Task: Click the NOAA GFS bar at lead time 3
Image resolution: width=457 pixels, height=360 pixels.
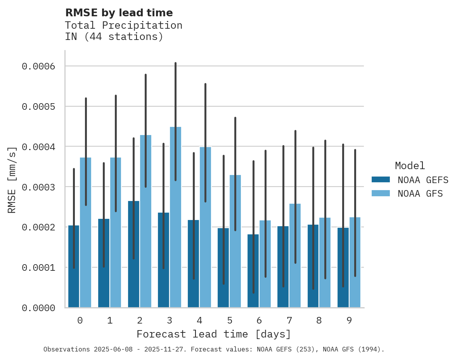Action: pos(175,217)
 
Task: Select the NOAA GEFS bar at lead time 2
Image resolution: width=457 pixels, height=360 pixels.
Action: pos(133,254)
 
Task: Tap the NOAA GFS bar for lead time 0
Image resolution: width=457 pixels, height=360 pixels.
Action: pos(86,233)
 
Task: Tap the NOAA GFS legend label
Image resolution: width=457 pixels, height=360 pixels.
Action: pos(420,193)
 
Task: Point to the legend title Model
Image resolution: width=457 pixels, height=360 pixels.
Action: pos(410,166)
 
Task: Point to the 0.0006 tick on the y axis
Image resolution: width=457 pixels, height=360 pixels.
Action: pos(38,66)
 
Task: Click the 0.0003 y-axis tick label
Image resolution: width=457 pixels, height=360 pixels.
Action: pos(38,187)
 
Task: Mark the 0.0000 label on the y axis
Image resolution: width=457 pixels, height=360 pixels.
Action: pos(38,308)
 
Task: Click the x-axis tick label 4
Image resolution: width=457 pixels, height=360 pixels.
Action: pos(199,320)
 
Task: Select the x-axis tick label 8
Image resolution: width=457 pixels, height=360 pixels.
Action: pos(319,320)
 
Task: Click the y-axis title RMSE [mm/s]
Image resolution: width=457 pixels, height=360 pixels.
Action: pos(12,180)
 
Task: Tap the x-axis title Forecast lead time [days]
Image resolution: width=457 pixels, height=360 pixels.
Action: pos(213,334)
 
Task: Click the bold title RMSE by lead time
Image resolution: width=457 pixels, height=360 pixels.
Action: pos(119,13)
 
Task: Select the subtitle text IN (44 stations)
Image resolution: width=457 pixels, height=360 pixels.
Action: pos(114,37)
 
